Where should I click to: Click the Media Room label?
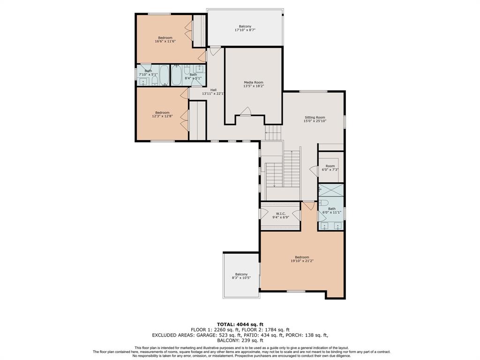pos(254,82)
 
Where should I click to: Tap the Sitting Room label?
pos(315,118)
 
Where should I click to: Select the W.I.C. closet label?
pos(281,214)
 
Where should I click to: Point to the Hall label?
pos(213,90)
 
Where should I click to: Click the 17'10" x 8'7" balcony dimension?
pos(245,30)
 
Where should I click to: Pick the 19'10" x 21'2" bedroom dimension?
pos(302,261)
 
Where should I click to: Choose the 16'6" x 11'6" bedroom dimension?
pos(165,41)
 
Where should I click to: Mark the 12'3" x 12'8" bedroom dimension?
pos(162,116)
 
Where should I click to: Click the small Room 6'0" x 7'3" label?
pos(330,168)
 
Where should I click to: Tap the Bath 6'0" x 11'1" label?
pos(332,210)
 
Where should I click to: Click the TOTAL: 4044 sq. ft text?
pos(240,324)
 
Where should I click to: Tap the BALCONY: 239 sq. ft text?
pos(240,340)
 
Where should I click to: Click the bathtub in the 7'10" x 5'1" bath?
pos(164,75)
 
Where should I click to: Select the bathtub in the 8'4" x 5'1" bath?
pos(176,75)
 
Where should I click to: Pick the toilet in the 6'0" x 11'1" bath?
pos(323,202)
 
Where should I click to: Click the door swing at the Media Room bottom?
pos(246,112)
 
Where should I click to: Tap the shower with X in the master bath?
pos(331,190)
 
